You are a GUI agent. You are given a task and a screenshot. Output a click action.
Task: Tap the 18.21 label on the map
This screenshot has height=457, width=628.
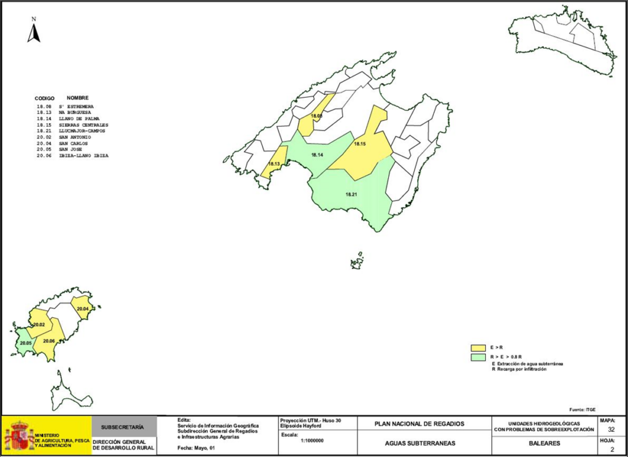(x=351, y=194)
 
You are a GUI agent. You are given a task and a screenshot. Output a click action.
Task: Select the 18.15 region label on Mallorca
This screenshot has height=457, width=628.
(x=359, y=144)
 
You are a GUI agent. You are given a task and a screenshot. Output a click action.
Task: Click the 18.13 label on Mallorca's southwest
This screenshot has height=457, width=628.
(x=274, y=164)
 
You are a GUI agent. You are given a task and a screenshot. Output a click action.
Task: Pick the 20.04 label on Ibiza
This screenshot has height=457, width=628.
(x=82, y=308)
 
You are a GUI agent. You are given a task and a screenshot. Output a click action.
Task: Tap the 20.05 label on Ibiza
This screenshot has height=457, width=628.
(x=25, y=344)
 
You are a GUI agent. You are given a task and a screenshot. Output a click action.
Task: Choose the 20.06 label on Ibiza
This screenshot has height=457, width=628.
(x=49, y=340)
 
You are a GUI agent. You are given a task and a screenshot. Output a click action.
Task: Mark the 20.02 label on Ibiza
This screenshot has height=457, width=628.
(x=39, y=325)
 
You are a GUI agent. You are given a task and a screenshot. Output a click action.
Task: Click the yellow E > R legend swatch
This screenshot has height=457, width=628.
(x=478, y=347)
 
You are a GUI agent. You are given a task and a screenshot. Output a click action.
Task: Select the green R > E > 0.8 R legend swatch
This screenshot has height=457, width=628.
(x=478, y=356)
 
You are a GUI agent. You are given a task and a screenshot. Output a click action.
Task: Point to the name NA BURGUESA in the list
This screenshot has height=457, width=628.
(x=75, y=112)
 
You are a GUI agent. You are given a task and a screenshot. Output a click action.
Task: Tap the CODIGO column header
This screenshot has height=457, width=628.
(x=44, y=98)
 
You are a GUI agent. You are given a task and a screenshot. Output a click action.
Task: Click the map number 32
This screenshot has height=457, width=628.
(x=611, y=430)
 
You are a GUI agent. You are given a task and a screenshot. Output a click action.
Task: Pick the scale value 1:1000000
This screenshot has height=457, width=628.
(x=312, y=440)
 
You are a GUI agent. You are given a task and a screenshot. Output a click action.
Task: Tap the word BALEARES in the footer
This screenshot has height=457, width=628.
(x=544, y=442)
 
